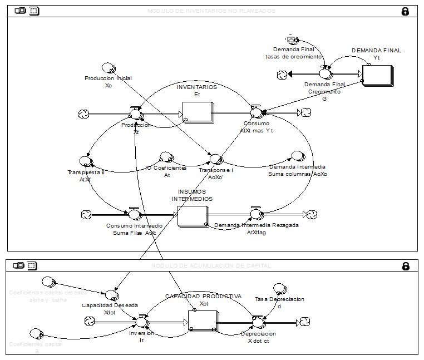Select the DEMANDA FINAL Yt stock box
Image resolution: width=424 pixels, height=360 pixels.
(377, 75)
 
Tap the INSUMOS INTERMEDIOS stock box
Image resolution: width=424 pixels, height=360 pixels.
(191, 215)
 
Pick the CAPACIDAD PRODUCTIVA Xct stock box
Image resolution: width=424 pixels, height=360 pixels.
(202, 321)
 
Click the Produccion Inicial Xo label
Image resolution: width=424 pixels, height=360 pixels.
(108, 82)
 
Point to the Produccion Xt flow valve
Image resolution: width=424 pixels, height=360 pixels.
(135, 114)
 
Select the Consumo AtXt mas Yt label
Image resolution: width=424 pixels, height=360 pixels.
(257, 127)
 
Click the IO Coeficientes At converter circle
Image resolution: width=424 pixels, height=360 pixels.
(165, 157)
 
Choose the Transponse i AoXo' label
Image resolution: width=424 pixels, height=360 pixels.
(216, 174)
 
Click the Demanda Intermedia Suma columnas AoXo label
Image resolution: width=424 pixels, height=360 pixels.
(298, 170)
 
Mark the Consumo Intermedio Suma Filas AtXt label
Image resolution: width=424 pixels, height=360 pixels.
(134, 229)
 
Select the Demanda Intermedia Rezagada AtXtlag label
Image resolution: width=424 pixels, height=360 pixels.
(257, 229)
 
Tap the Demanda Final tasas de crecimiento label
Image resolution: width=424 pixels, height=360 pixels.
(293, 53)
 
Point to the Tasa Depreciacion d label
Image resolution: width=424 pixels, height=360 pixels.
(279, 302)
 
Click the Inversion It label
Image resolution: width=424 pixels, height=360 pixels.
(141, 337)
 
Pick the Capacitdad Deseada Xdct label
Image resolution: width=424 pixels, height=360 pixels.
(110, 308)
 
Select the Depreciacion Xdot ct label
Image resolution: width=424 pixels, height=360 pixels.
(258, 337)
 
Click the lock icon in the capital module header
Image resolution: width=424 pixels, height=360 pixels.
(406, 266)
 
